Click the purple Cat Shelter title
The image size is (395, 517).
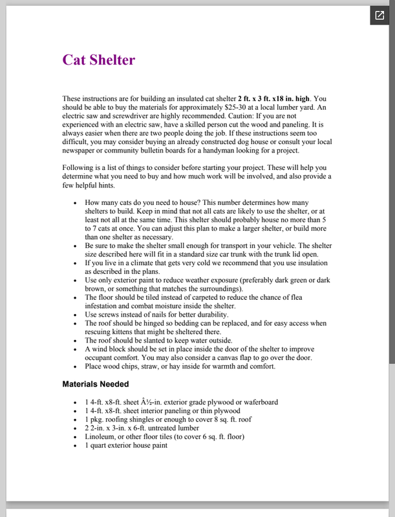point(98,60)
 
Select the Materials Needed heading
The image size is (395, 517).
point(96,384)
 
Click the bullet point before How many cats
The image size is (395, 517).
point(76,203)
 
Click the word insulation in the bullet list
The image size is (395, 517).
point(314,263)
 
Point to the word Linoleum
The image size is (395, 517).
point(103,436)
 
